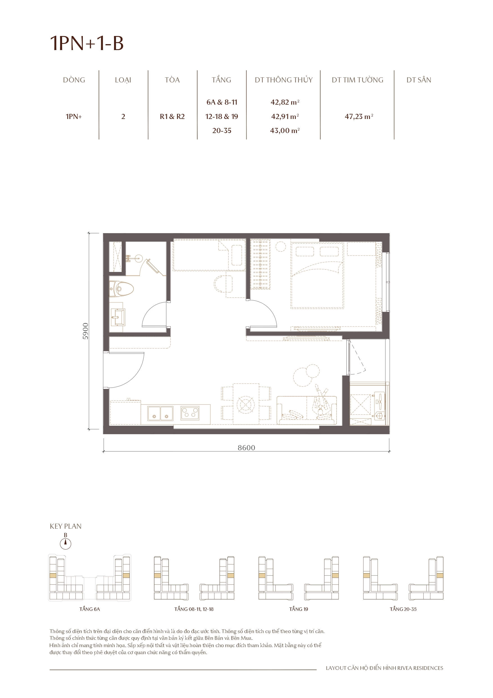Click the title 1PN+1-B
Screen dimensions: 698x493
point(87,43)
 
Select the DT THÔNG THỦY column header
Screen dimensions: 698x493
point(283,80)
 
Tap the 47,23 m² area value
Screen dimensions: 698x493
point(358,116)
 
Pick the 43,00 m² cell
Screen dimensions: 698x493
point(284,131)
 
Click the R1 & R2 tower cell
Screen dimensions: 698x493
point(172,116)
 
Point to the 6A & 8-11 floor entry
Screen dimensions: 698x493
point(221,102)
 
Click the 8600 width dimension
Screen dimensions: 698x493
point(246,447)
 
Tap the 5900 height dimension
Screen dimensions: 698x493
point(86,331)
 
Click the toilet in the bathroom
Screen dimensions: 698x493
point(122,289)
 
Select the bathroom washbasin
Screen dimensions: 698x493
point(117,317)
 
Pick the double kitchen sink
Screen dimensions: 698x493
point(160,413)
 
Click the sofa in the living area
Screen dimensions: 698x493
point(306,410)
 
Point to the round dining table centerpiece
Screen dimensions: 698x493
point(246,404)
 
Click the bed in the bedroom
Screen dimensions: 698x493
point(317,275)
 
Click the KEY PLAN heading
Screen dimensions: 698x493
point(66,526)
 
